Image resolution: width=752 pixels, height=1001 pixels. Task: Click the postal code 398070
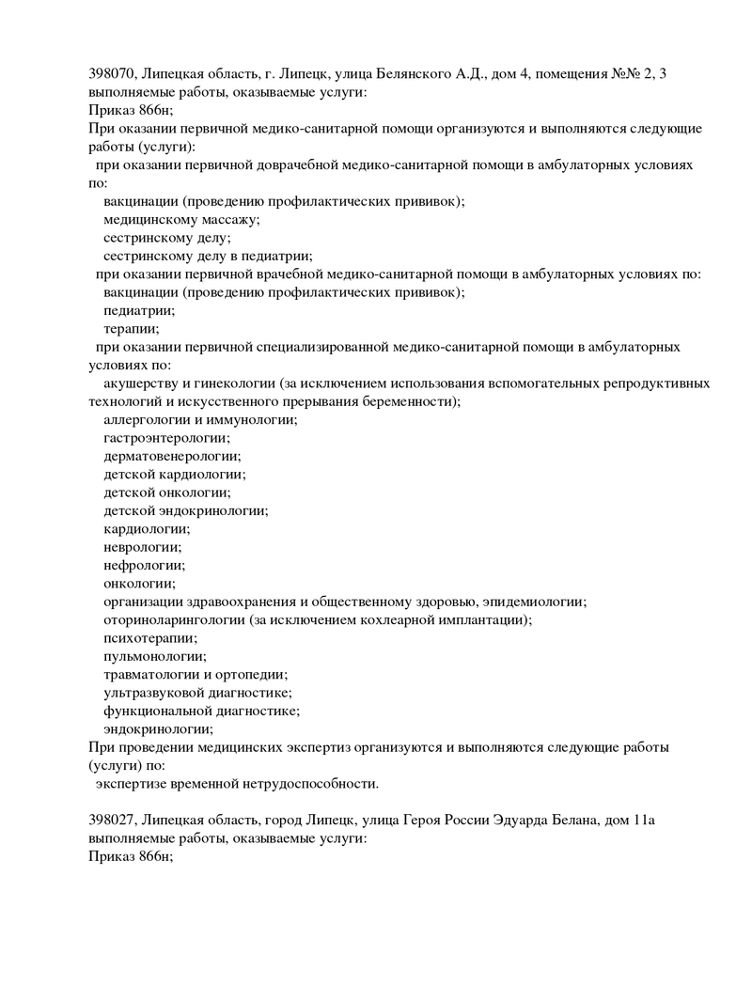(110, 74)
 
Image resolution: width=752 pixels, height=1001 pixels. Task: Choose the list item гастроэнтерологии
(165, 438)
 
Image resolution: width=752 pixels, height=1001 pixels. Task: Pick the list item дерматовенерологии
(172, 456)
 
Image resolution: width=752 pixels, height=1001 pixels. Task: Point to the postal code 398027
(110, 820)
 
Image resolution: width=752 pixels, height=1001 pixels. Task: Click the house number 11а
(644, 820)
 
